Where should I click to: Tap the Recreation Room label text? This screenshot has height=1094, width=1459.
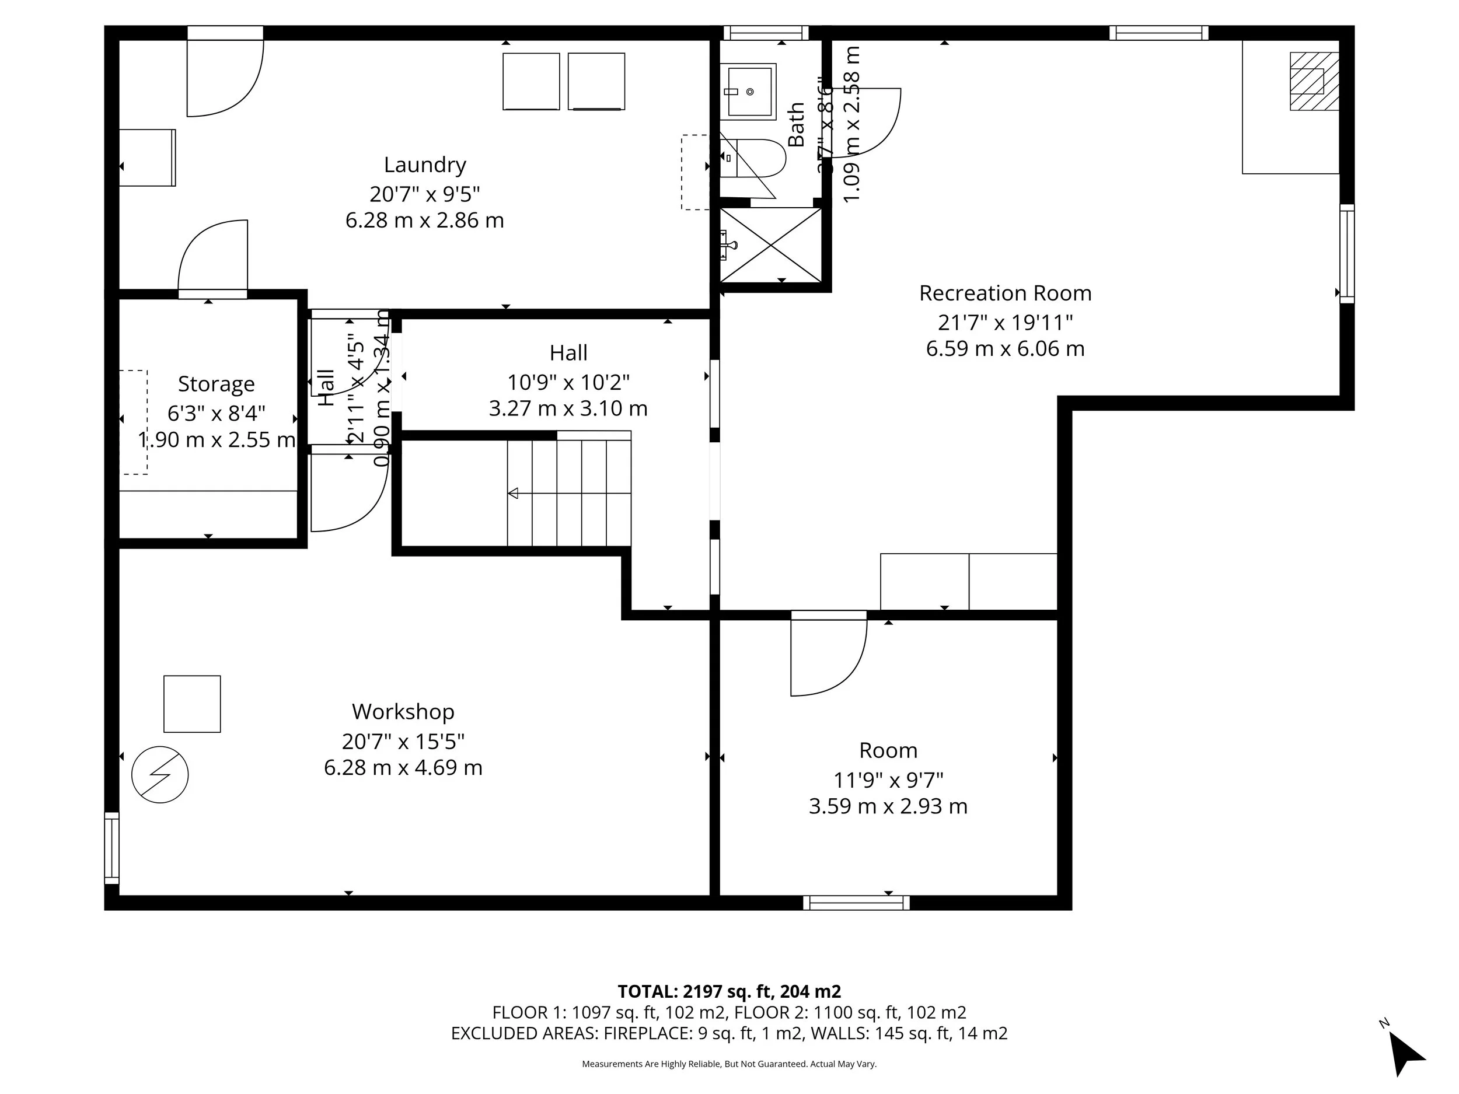1004,293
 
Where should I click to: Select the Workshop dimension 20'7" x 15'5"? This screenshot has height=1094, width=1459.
403,741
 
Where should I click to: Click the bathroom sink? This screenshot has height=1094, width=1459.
748,92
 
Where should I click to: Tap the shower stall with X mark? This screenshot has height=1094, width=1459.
770,245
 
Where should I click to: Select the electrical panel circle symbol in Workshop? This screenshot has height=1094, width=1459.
160,774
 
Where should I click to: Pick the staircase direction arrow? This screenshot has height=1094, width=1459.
513,493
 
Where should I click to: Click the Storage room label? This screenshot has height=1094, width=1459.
217,384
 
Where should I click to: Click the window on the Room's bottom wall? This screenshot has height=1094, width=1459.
856,903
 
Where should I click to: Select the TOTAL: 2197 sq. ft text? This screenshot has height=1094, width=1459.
729,991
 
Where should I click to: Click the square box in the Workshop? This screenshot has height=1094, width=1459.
192,704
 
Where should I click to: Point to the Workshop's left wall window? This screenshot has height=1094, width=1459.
111,847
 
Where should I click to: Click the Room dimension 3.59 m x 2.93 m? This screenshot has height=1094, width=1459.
888,806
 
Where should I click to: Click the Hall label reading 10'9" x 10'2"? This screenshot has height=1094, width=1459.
568,382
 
